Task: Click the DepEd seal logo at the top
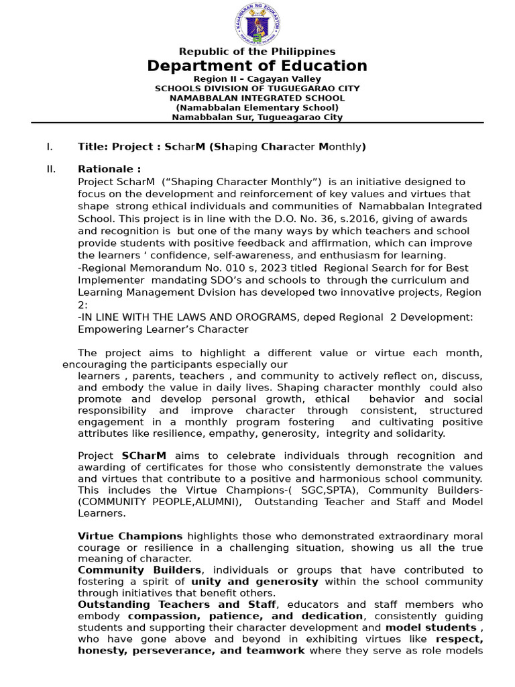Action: point(257,24)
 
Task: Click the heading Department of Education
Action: point(257,66)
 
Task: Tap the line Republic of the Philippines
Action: point(257,52)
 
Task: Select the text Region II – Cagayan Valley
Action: point(257,79)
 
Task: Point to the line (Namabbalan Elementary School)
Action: point(257,107)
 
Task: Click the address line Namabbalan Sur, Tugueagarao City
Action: point(257,117)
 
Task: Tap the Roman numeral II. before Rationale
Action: point(51,169)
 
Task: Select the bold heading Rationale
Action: point(109,169)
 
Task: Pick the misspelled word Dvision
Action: point(220,293)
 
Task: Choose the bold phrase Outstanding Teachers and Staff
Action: point(176,604)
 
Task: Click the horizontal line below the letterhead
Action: point(257,123)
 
